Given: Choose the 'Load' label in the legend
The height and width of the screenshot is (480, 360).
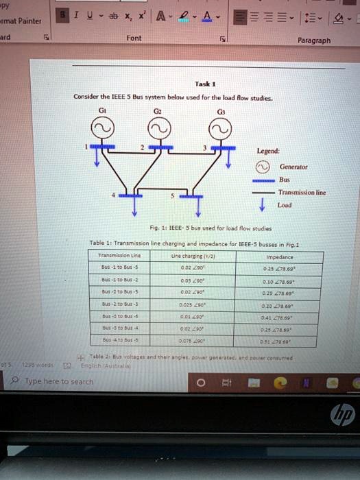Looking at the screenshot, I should [x=284, y=204].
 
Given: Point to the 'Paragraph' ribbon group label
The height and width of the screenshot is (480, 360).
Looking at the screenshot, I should [x=313, y=40].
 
